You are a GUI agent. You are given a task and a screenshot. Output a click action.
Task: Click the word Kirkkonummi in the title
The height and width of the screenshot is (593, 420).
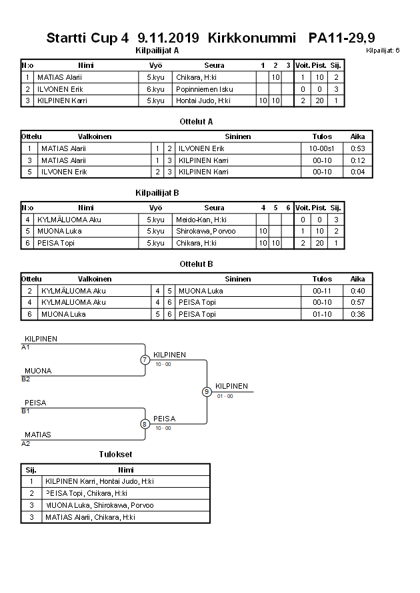coord(251,39)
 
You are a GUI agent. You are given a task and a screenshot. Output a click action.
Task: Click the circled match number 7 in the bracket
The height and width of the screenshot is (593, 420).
coord(145,360)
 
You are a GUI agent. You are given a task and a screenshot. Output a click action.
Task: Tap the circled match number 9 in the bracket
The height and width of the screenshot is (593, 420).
coord(207,391)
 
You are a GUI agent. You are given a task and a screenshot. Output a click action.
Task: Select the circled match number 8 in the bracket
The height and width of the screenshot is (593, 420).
coord(145,424)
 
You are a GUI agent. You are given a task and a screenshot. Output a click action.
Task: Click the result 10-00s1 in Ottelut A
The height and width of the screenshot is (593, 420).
coord(322,148)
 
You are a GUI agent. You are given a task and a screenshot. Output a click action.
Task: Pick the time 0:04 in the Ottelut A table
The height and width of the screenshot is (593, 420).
coord(358,172)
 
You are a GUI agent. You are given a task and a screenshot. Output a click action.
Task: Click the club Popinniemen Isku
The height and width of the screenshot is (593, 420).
coord(205,89)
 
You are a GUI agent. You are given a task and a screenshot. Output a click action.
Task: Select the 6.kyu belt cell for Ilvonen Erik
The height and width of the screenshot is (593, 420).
coord(155,89)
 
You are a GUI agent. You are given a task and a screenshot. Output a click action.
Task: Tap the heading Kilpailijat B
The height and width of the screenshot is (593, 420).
coord(157,193)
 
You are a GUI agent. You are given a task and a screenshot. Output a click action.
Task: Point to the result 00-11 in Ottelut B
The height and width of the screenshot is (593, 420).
coord(322,291)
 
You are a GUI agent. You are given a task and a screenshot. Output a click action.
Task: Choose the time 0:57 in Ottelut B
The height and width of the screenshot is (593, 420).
coord(358,302)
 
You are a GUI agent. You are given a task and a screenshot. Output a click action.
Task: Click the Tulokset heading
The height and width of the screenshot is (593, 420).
coord(115,455)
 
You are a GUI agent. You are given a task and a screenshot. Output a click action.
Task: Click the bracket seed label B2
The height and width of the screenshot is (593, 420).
coord(26,379)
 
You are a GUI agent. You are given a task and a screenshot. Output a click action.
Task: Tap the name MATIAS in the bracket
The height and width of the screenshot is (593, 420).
coord(38,435)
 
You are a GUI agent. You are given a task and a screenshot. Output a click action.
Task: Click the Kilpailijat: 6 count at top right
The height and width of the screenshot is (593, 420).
coord(383,50)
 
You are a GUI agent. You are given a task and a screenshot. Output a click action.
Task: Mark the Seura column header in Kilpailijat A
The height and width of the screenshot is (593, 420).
coord(214,65)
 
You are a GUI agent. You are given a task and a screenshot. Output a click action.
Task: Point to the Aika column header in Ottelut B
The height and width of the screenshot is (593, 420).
coord(358,279)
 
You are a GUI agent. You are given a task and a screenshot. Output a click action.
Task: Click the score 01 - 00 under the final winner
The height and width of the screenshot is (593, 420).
coord(225,396)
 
